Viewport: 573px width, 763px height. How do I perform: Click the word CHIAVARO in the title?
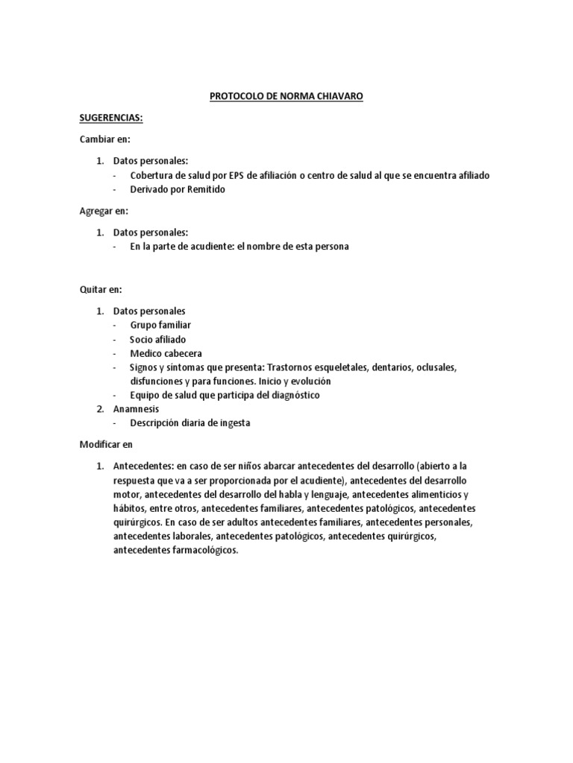339,98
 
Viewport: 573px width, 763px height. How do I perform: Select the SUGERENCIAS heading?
110,118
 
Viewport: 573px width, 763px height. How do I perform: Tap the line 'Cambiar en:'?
105,139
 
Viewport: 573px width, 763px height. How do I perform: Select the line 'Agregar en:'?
104,211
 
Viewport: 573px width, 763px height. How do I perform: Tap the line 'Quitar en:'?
101,289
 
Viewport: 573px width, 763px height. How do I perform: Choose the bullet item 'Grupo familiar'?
160,325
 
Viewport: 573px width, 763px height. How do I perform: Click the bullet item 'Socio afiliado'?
158,339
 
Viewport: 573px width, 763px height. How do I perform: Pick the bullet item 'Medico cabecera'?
166,353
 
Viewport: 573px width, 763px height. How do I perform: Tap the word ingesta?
233,423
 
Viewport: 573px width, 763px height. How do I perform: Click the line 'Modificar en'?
106,445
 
